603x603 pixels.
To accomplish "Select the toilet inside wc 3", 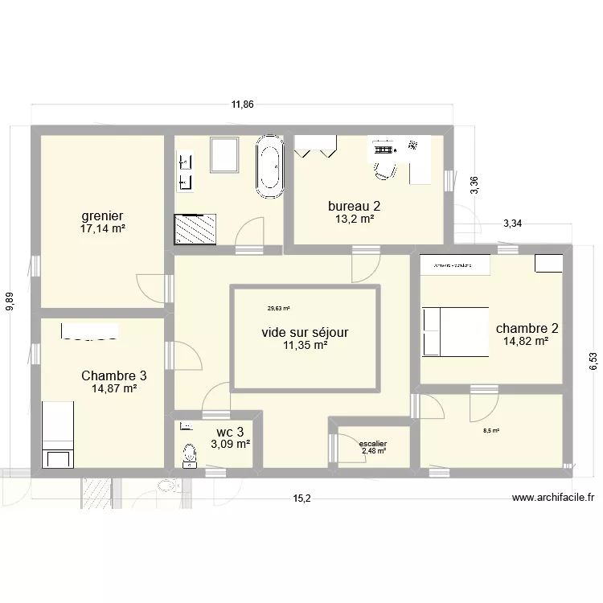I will (189, 455).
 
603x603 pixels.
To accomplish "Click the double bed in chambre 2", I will (456, 331).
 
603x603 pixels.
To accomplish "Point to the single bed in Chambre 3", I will (57, 435).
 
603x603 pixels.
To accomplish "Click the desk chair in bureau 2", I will (386, 168).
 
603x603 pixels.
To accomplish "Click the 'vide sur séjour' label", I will (305, 331).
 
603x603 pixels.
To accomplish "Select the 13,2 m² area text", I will (355, 219).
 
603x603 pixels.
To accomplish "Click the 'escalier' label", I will (373, 443).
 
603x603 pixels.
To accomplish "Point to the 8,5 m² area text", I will (490, 431).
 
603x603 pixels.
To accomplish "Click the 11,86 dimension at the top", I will (242, 105).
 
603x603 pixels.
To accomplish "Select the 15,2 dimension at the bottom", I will (300, 498).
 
